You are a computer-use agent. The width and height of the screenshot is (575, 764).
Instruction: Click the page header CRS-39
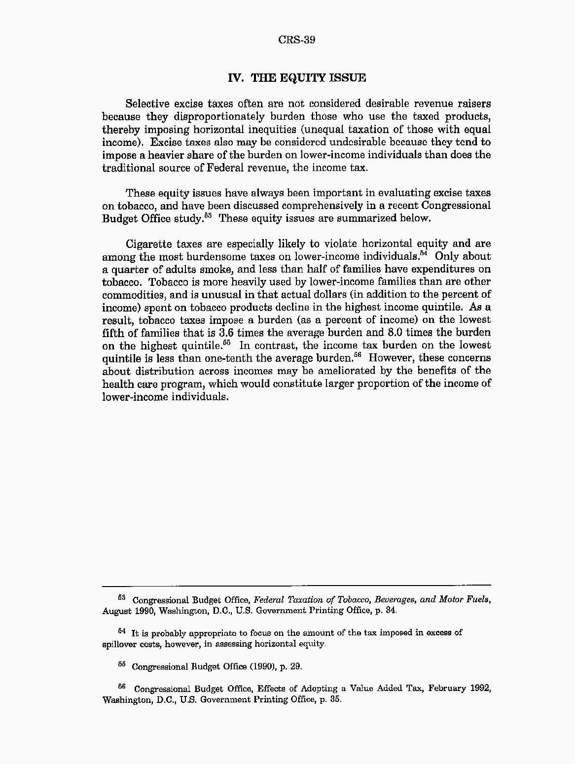(x=296, y=40)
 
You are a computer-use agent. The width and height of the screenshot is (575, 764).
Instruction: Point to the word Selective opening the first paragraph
(x=148, y=104)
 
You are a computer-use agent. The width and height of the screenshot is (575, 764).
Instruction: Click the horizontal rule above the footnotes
(x=296, y=585)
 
